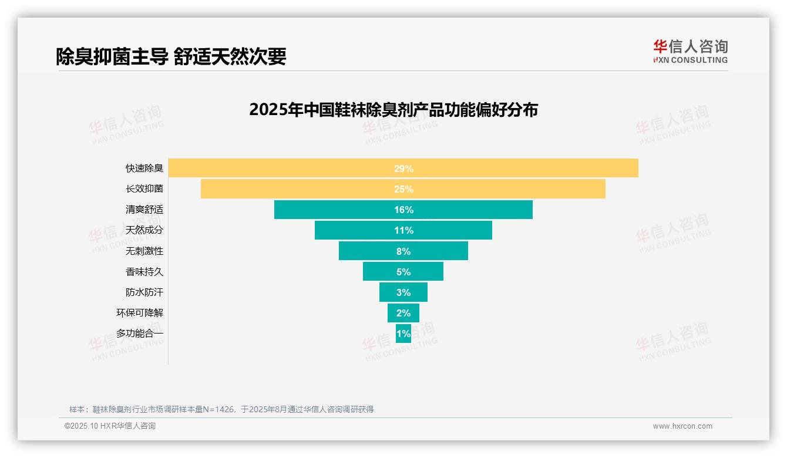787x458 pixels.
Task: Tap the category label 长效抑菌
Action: click(x=144, y=189)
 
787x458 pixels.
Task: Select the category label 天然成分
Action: click(x=144, y=230)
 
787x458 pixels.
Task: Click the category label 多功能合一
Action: click(x=140, y=334)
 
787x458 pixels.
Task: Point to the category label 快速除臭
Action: click(x=144, y=169)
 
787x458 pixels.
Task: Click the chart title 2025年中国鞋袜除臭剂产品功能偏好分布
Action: click(x=393, y=110)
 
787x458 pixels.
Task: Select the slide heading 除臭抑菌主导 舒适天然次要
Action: click(x=171, y=56)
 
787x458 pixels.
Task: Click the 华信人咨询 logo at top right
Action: click(x=690, y=51)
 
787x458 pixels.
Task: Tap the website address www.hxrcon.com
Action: click(x=682, y=426)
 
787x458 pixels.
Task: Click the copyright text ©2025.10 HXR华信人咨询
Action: click(x=110, y=426)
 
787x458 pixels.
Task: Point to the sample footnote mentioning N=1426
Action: click(x=221, y=409)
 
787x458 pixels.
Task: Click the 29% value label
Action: click(x=403, y=169)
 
